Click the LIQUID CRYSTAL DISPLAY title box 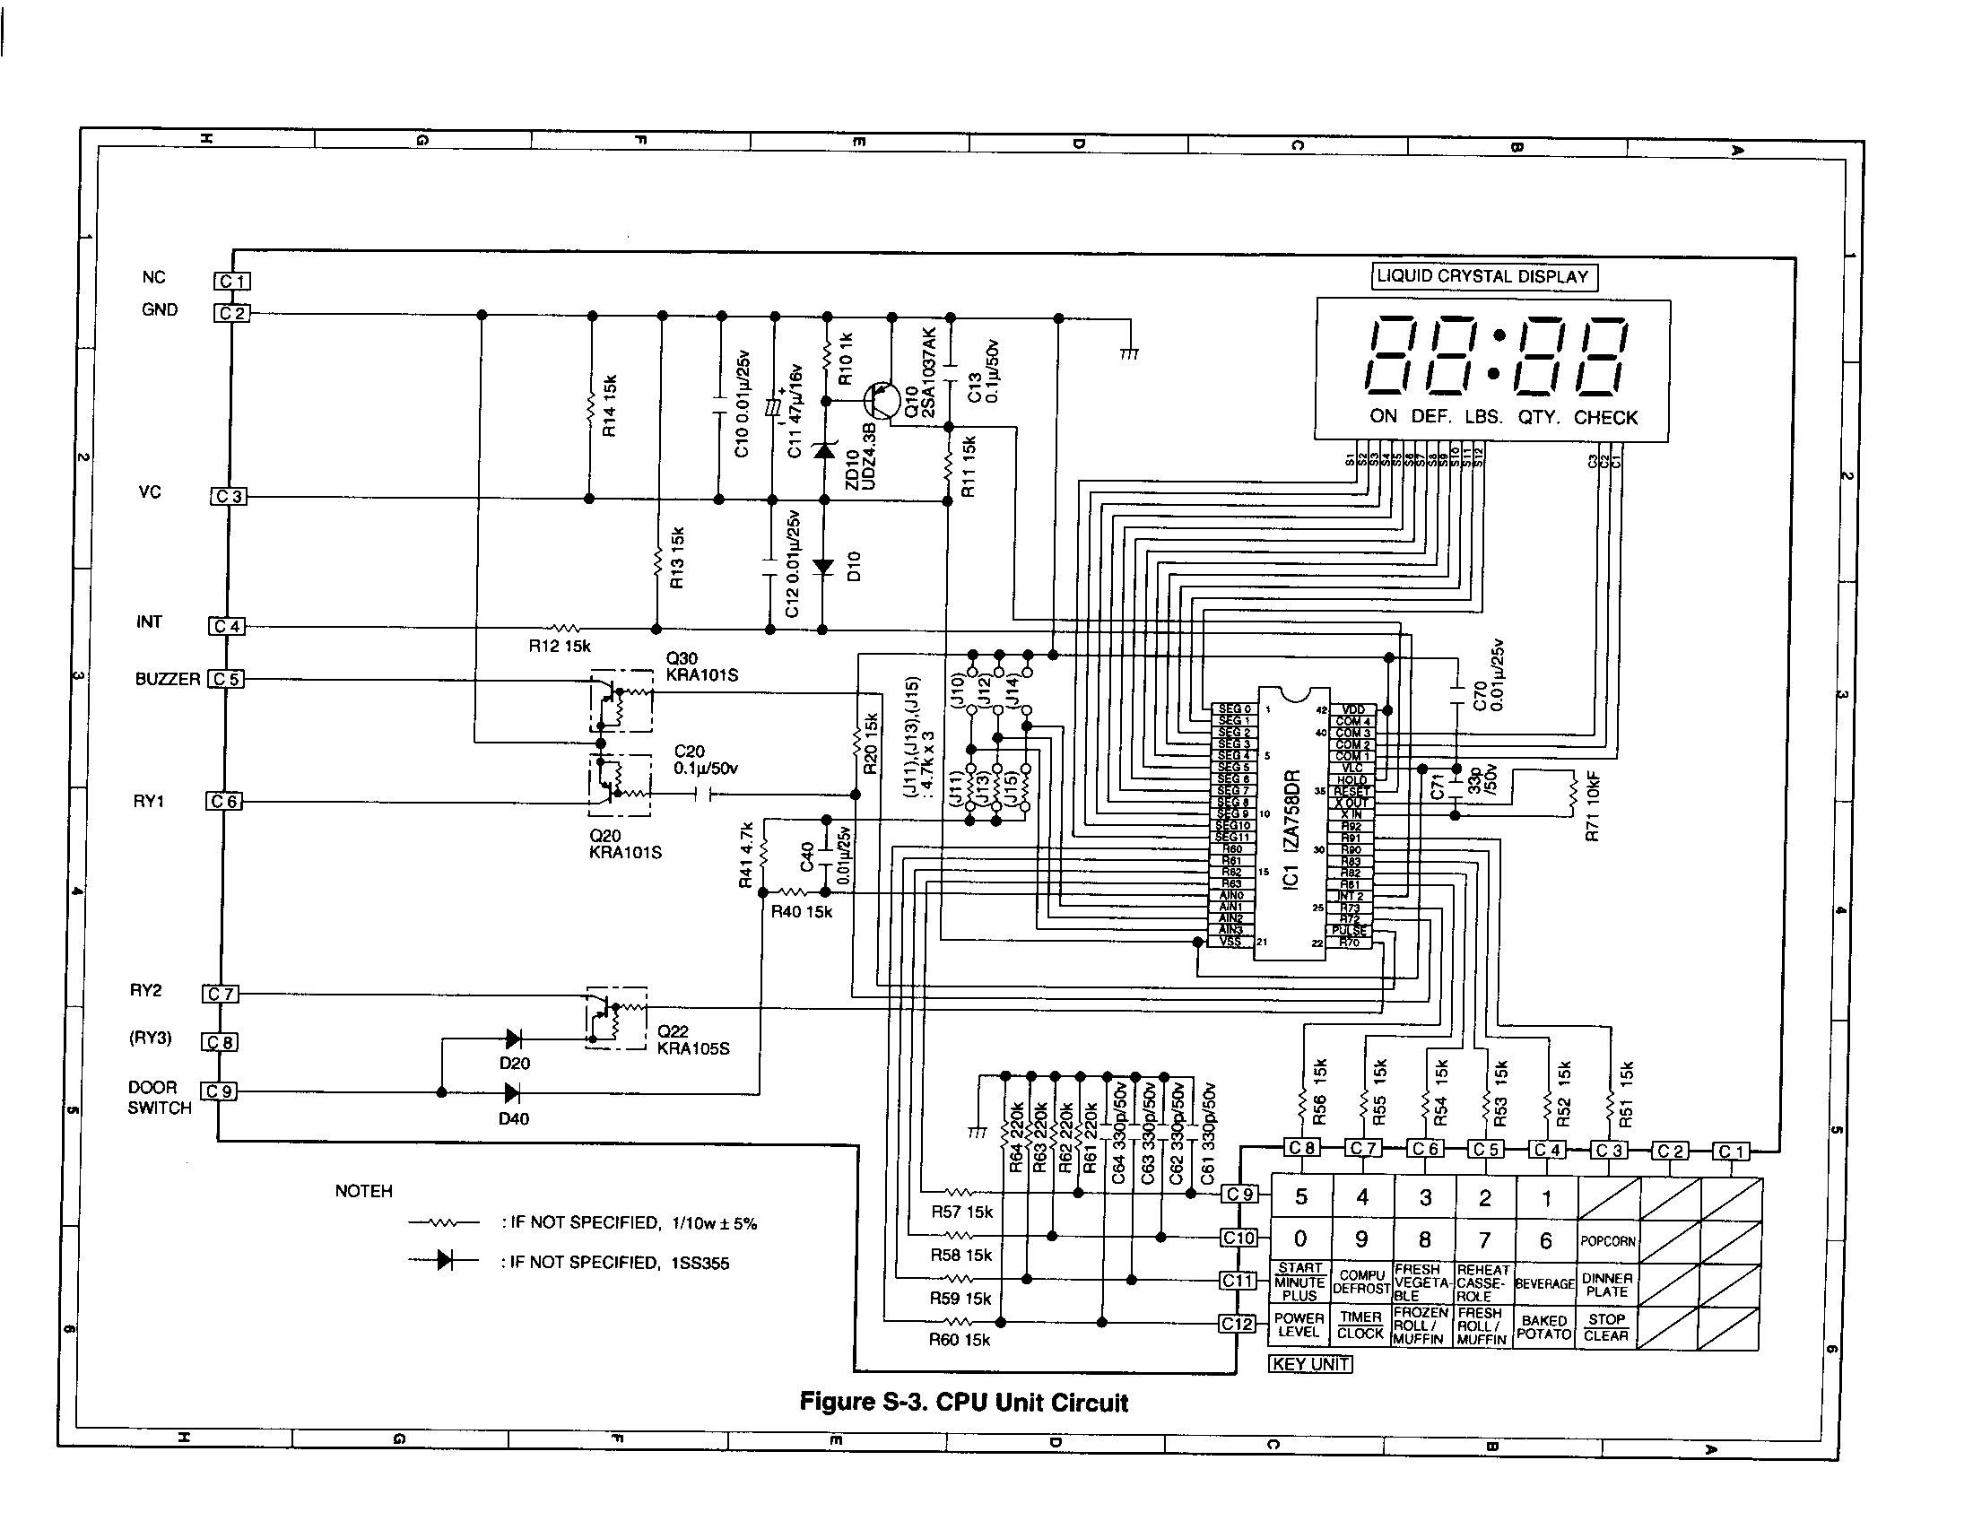point(1483,277)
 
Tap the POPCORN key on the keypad point(1607,1241)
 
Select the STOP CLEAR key point(1606,1326)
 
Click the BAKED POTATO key point(1544,1326)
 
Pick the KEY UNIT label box point(1310,1364)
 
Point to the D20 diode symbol point(513,1039)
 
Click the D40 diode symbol point(512,1093)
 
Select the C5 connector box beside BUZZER point(226,679)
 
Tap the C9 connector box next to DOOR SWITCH point(219,1091)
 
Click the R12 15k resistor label point(560,647)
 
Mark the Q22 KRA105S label point(693,1039)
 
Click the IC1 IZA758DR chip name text point(1291,827)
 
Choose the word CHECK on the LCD point(1605,418)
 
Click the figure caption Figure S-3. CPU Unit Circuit point(964,1403)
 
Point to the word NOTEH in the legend point(363,1191)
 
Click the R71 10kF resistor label point(1593,806)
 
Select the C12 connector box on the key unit point(1237,1323)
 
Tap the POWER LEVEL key point(1299,1325)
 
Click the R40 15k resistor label point(801,912)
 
